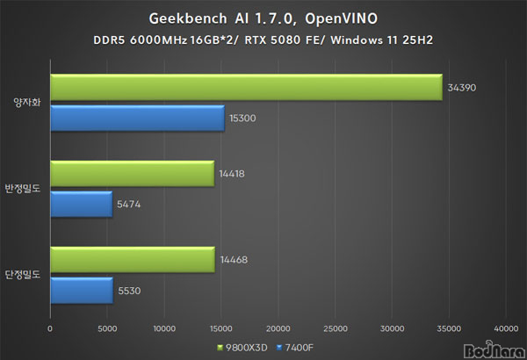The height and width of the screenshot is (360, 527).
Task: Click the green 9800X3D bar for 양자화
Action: [x=246, y=87]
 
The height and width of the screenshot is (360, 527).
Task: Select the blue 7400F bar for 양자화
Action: [x=137, y=117]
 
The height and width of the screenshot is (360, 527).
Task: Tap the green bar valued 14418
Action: [x=132, y=174]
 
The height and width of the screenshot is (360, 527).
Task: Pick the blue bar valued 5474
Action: [x=81, y=204]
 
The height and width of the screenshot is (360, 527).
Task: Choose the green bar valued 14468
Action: [x=132, y=260]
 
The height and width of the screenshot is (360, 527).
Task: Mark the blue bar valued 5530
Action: [x=81, y=290]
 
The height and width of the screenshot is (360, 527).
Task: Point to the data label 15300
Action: [x=245, y=118]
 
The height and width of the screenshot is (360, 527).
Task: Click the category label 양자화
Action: [x=27, y=102]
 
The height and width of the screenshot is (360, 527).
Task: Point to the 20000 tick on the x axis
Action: [x=278, y=328]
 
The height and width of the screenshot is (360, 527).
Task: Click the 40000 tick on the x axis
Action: [x=505, y=328]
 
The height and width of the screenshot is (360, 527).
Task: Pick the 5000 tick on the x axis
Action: [x=107, y=328]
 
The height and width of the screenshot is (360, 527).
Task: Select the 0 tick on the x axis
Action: [x=51, y=328]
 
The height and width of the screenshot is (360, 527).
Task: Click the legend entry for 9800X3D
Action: [x=235, y=346]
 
